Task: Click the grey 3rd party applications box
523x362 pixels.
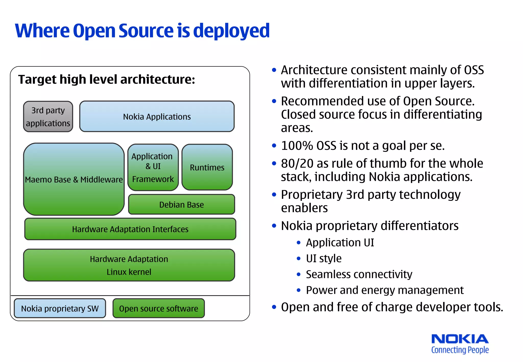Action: click(x=48, y=117)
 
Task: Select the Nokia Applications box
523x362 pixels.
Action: click(x=157, y=117)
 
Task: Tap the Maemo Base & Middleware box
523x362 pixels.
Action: click(x=74, y=179)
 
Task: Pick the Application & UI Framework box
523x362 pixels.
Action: click(x=153, y=167)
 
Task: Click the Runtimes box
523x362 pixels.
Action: click(x=207, y=167)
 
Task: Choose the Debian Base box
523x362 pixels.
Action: click(x=181, y=204)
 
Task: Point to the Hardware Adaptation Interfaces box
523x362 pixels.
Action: click(x=130, y=229)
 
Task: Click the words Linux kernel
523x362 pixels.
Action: click(x=129, y=272)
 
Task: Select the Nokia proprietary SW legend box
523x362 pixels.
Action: click(x=60, y=308)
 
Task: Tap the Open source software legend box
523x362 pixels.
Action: click(x=159, y=308)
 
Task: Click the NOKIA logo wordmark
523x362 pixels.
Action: click(x=460, y=339)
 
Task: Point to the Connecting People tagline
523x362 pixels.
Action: click(x=460, y=350)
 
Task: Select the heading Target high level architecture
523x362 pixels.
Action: click(x=106, y=79)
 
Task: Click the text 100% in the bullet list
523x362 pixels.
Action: click(x=297, y=146)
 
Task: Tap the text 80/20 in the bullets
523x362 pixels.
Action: click(x=297, y=164)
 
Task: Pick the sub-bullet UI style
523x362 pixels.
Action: click(x=324, y=258)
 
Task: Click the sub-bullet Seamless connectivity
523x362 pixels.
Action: click(x=359, y=274)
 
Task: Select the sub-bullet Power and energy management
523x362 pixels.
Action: click(x=384, y=290)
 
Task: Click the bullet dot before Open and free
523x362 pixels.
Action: click(x=274, y=307)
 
